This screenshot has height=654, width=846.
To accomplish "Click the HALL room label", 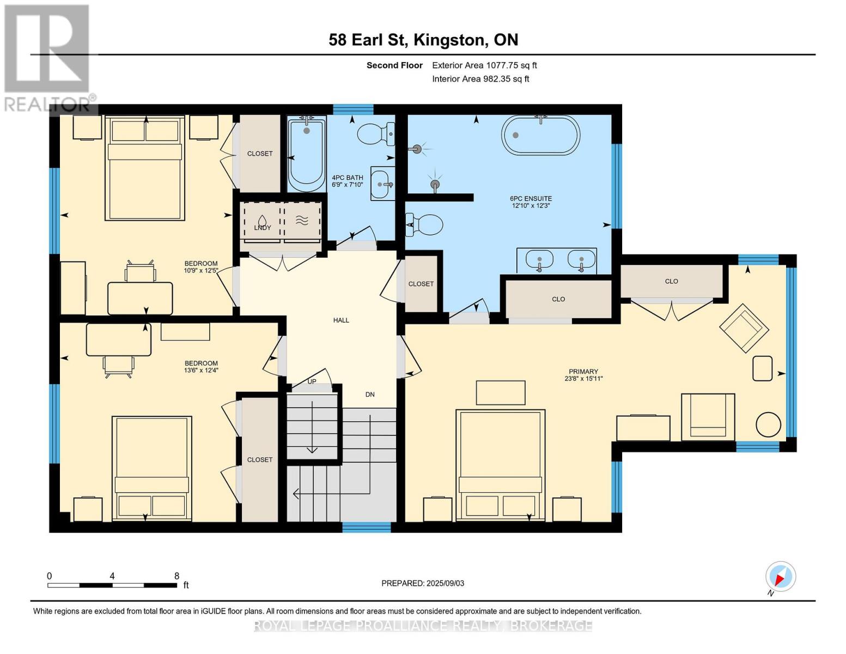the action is tap(341, 320).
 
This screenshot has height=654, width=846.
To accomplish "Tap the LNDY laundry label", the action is tap(263, 227).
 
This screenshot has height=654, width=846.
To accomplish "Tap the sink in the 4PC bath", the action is tap(382, 184).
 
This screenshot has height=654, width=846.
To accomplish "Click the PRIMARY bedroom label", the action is tap(583, 371).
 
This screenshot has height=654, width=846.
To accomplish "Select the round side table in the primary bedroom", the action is tap(768, 425).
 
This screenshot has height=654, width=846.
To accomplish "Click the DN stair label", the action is tap(370, 395).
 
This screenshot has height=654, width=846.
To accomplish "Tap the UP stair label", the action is tap(312, 381).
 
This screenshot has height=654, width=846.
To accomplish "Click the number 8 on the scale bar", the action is tap(176, 576).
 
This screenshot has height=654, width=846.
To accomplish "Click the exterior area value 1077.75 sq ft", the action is tap(512, 65).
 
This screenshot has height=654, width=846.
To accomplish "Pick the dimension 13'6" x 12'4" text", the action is tap(201, 371).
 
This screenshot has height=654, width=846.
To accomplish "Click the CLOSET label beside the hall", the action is tap(421, 284).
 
